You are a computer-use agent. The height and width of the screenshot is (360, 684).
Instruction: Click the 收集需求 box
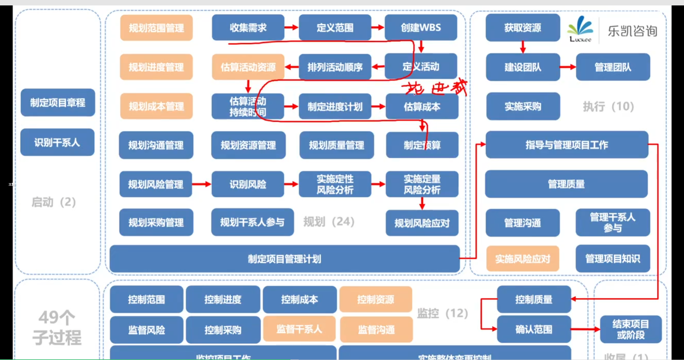[248, 28]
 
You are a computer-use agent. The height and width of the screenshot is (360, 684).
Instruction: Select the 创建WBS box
[421, 28]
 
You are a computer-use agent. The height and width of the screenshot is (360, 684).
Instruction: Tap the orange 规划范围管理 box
[156, 28]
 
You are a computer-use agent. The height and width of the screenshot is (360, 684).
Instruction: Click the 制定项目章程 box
[58, 103]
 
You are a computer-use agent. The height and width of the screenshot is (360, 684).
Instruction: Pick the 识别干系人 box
[57, 142]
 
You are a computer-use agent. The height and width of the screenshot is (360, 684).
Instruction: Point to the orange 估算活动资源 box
[248, 67]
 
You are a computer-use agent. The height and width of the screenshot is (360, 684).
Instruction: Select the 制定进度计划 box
[335, 106]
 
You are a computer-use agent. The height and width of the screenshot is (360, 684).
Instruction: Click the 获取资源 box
[523, 28]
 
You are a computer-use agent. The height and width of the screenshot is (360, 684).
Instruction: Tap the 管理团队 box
[613, 67]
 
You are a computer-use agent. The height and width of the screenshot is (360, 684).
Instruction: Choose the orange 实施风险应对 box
[523, 259]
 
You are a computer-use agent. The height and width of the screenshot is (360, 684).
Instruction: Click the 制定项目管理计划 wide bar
[284, 259]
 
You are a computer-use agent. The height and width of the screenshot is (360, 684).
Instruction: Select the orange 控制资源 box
[376, 299]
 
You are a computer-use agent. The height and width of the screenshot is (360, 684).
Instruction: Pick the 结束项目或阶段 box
[631, 329]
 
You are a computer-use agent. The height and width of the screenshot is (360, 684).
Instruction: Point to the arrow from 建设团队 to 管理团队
[568, 67]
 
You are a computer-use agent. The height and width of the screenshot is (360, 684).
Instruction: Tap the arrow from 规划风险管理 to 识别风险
[202, 184]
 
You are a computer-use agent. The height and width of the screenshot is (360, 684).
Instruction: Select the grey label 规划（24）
[329, 221]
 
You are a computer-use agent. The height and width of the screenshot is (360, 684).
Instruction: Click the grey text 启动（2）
[53, 202]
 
